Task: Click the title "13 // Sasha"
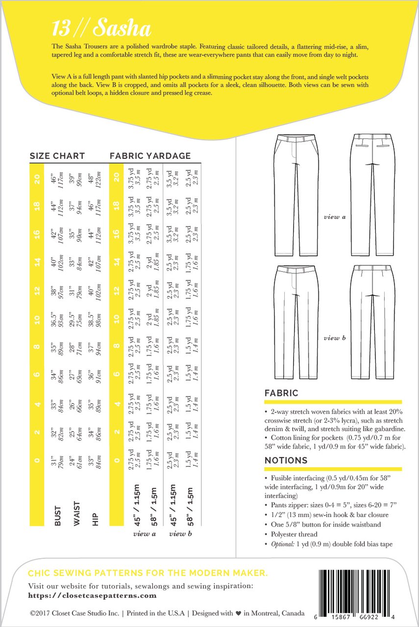[x=101, y=30]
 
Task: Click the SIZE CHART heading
[x=57, y=156]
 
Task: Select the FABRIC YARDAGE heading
[x=150, y=156]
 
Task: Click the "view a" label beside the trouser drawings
[x=335, y=217]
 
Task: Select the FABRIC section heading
[x=281, y=393]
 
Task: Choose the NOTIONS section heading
[x=286, y=460]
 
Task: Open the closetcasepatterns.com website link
[x=93, y=596]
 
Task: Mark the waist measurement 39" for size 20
[x=74, y=175]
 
